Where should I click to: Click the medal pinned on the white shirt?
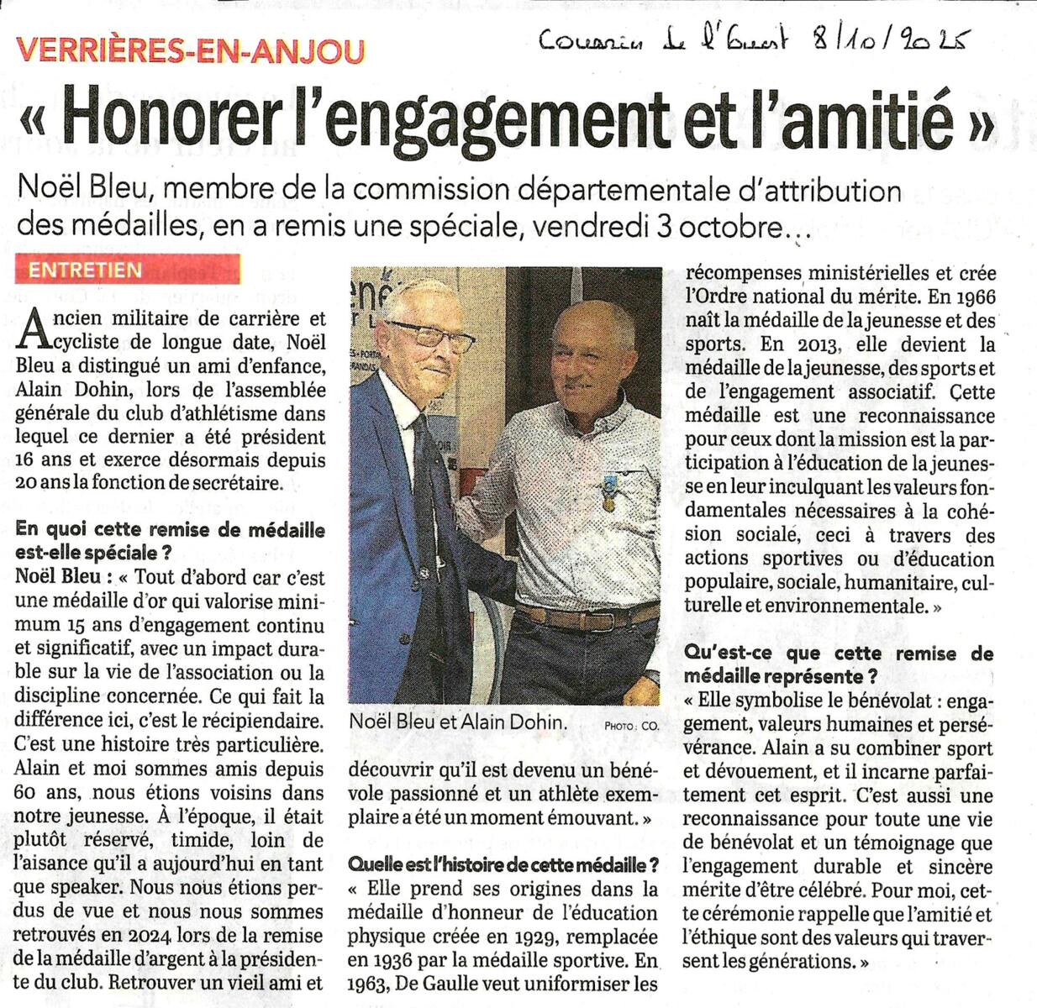(x=606, y=494)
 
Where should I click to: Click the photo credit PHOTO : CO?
(x=631, y=725)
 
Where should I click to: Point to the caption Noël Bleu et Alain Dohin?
(x=459, y=722)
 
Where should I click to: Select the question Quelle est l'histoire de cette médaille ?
(x=503, y=865)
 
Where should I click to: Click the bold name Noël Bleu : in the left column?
(x=64, y=578)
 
